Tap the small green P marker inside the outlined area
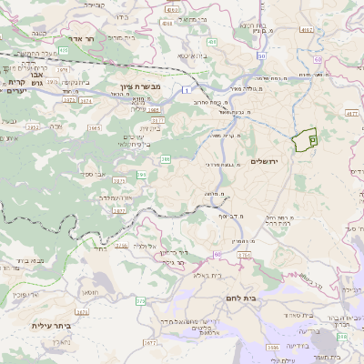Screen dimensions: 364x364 tap(311, 140)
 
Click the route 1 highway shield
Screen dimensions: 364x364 tap(186, 89)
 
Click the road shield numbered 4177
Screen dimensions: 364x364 tap(157, 118)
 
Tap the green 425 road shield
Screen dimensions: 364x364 tap(211, 42)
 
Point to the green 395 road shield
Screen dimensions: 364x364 tap(141, 173)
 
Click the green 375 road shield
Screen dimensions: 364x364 tap(140, 300)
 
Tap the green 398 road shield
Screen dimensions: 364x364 tap(341, 337)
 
